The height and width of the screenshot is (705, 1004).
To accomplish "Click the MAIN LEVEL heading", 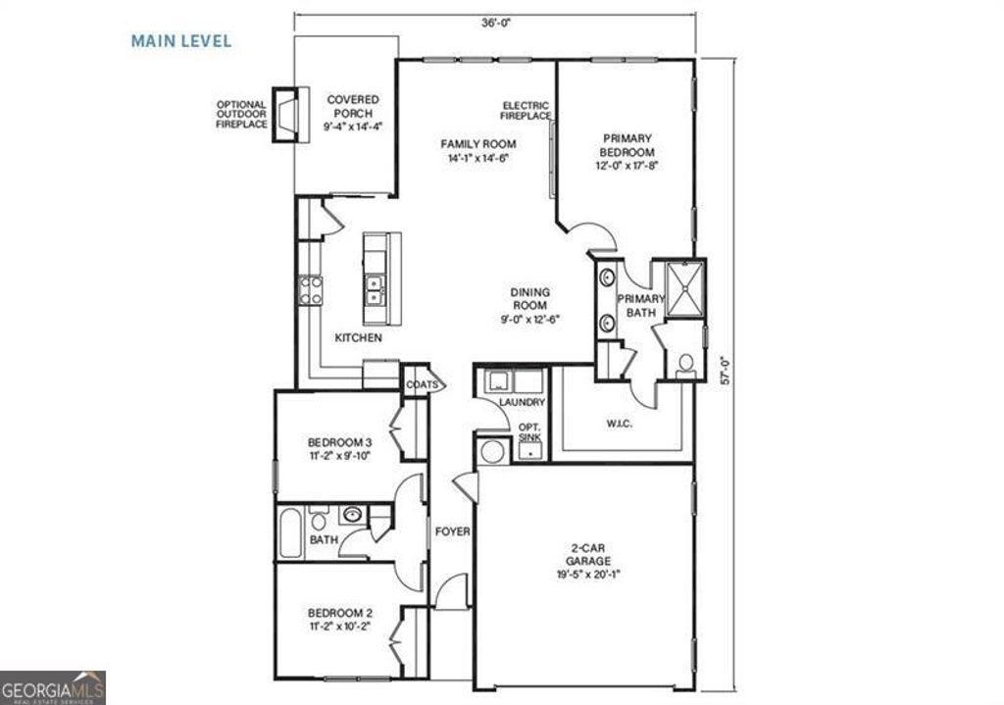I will point(181,41).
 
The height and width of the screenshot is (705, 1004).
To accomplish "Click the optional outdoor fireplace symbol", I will point(285,116).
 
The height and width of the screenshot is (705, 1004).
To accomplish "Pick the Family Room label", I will point(477,151).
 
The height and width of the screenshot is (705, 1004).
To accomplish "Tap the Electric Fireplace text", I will point(526,110).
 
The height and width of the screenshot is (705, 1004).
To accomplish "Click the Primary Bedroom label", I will point(627,152).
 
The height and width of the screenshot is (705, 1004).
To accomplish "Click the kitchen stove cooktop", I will point(311,289).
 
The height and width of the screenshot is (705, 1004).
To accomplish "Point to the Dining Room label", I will point(529,305).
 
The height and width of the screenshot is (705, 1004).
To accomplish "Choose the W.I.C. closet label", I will point(620,424).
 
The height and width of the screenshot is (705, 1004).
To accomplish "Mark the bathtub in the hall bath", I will point(290,532).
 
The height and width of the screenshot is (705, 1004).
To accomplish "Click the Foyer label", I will point(453,532).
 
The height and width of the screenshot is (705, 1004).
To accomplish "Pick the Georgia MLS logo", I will point(53,687).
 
